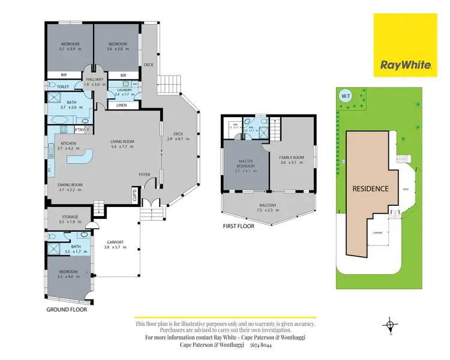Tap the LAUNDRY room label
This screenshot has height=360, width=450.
pyautogui.click(x=125, y=90)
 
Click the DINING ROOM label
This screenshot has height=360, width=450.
pyautogui.click(x=70, y=185)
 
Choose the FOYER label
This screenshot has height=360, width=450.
pyautogui.click(x=145, y=175)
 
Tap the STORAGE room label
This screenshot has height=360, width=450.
pyautogui.click(x=70, y=217)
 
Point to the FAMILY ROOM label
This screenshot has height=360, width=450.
pyautogui.click(x=292, y=158)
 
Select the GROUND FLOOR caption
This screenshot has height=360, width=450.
pyautogui.click(x=67, y=310)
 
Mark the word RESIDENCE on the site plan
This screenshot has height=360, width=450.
pyautogui.click(x=370, y=188)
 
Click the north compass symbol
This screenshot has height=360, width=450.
pyautogui.click(x=391, y=326)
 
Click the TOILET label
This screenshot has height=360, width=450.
pyautogui.click(x=55, y=86)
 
